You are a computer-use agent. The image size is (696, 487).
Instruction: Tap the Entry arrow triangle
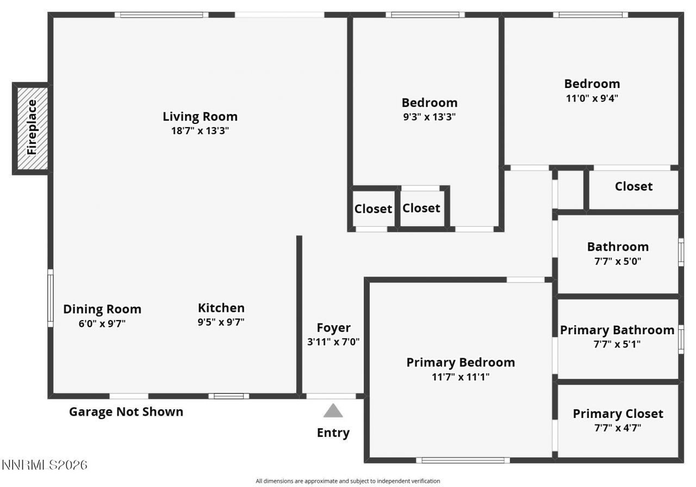tap(333, 411)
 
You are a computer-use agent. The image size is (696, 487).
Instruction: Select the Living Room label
tap(200, 116)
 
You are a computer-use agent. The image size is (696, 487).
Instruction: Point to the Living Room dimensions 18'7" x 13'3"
tap(200, 130)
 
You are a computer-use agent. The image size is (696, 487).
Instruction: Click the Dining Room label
tap(102, 309)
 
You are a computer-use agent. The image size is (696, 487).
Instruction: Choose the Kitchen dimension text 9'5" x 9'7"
tap(221, 322)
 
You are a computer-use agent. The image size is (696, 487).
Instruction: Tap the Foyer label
tap(333, 328)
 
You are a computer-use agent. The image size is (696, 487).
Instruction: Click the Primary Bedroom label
tap(461, 363)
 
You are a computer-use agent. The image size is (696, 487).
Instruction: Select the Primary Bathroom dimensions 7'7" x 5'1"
tap(617, 344)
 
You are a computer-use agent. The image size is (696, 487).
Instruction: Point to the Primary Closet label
tap(618, 414)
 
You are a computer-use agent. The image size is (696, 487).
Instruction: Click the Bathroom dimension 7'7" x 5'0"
tap(618, 261)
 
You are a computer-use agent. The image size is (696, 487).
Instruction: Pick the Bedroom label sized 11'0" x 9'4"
tap(592, 84)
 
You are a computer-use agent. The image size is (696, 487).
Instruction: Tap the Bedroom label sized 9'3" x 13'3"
tap(429, 102)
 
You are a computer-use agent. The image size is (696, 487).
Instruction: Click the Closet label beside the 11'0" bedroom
tap(633, 186)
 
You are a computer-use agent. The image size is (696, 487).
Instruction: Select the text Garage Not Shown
tap(126, 412)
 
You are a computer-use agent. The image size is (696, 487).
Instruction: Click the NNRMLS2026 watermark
tap(45, 465)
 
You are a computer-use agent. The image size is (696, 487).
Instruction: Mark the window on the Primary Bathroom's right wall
tap(681, 340)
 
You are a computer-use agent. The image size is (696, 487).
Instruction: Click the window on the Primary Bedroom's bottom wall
tap(463, 460)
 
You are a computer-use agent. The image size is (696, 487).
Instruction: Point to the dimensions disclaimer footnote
tap(347, 481)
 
